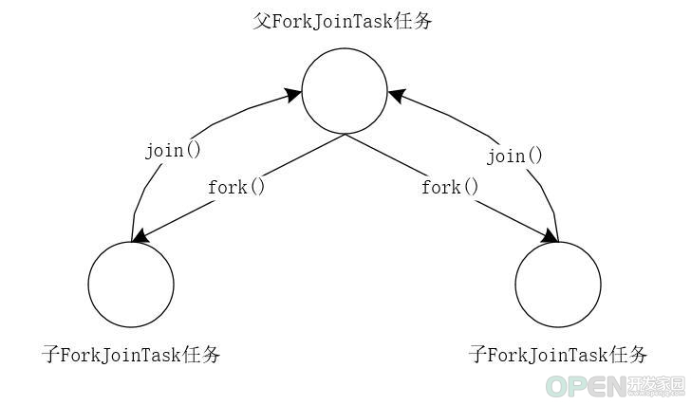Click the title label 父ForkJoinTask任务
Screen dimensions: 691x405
343,21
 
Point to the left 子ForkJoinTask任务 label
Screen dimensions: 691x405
131,355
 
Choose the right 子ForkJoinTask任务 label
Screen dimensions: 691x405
558,355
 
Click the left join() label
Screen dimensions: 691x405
173,151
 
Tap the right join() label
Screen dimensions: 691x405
514,156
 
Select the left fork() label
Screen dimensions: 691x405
236,187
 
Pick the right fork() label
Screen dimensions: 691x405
450,187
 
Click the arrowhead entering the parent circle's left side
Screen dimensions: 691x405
293,95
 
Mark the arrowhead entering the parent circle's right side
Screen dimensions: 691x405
396,96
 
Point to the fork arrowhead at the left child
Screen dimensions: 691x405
141,235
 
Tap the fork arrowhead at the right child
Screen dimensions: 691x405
549,235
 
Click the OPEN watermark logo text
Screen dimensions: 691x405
586,386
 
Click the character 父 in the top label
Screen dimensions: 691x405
262,21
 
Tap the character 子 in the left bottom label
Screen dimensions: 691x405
50,355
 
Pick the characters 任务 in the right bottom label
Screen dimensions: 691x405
628,355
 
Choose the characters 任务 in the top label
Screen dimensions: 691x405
413,21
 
